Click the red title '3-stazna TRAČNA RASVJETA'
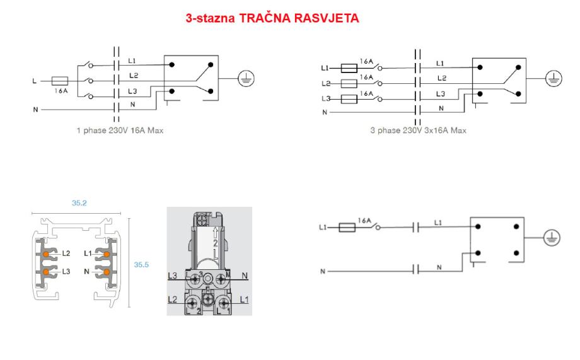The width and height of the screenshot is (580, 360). click(272, 18)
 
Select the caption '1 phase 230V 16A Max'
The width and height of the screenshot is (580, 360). click(120, 131)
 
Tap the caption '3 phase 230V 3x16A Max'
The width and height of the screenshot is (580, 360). click(419, 131)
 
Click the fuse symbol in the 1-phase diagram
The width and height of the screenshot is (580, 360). click(59, 81)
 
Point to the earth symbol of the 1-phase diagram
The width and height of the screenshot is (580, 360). click(246, 78)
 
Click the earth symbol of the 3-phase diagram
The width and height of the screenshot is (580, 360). click(554, 78)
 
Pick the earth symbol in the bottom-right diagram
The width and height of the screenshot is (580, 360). click(552, 238)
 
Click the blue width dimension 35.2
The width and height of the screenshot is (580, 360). click(79, 203)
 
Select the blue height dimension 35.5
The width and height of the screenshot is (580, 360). click(141, 265)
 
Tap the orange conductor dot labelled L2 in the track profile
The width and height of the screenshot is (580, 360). click(45, 254)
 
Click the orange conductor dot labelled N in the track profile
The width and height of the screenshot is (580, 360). click(107, 272)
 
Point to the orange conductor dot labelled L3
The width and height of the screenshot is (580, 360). click(45, 272)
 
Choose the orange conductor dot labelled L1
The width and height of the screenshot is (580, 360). click(107, 254)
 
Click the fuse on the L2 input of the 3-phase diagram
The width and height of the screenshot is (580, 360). click(349, 84)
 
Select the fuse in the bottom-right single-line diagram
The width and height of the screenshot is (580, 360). click(347, 227)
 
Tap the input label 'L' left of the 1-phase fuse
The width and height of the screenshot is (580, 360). click(35, 81)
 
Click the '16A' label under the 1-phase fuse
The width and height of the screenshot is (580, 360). click(61, 91)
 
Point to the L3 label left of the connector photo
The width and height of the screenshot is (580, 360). click(172, 276)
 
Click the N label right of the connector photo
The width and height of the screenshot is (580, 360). click(245, 276)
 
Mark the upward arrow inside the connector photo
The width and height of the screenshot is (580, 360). click(215, 233)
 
